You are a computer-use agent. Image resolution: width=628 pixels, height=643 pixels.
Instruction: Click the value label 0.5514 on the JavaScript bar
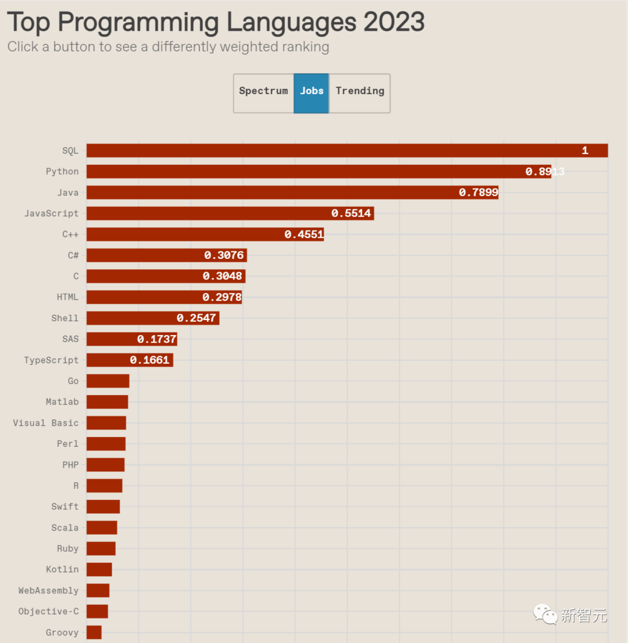pos(351,214)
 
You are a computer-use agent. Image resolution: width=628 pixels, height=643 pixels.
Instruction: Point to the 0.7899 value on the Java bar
pos(479,193)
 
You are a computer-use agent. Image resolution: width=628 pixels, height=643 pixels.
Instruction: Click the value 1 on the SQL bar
pos(585,151)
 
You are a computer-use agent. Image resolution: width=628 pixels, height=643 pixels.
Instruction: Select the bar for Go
pos(108,381)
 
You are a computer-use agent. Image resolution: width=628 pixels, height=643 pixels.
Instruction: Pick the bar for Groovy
pos(94,633)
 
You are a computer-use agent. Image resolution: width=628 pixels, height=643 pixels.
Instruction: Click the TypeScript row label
pos(51,360)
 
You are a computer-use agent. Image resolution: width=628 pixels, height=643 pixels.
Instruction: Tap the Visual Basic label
pos(46,423)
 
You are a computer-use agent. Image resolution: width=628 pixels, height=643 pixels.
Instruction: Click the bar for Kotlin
pos(99,570)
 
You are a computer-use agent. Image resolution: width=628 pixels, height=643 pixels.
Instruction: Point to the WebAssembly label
pos(48,591)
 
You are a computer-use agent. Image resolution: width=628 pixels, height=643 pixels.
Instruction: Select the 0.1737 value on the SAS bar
pos(157,339)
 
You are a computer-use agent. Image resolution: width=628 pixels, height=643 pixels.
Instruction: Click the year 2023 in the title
pos(394,22)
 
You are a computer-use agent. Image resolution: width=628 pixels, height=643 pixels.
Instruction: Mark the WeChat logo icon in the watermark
pos(545,614)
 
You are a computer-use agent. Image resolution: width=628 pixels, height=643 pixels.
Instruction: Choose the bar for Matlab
pos(108,402)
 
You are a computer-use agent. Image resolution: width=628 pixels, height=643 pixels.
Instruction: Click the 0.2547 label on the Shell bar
pos(197,318)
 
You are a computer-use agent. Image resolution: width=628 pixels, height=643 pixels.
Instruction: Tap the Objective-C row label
pos(48,612)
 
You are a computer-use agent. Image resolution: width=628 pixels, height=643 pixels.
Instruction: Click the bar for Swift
pos(104,507)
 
